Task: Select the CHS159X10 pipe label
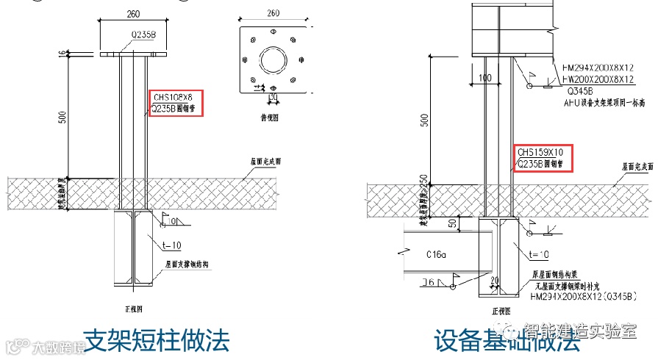click(x=543, y=153)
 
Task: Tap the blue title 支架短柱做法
click(x=156, y=340)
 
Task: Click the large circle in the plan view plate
click(x=273, y=57)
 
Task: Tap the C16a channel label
click(x=439, y=254)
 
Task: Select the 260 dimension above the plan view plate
click(x=273, y=13)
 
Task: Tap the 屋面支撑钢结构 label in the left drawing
click(x=182, y=263)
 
